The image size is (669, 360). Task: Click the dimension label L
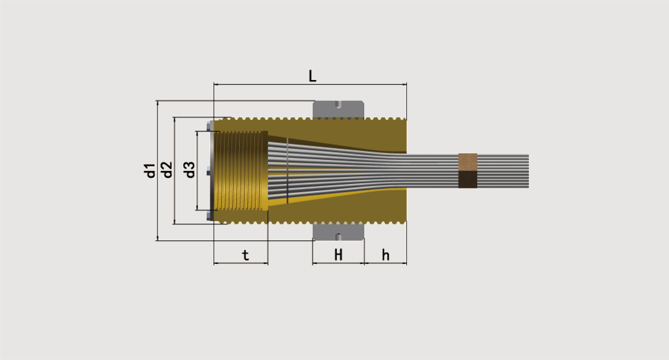pyautogui.click(x=312, y=76)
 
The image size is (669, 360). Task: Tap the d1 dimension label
pyautogui.click(x=150, y=170)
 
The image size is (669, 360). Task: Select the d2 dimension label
pyautogui.click(x=167, y=170)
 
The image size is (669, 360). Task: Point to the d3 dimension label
pyautogui.click(x=190, y=170)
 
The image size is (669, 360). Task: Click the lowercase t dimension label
pyautogui.click(x=245, y=255)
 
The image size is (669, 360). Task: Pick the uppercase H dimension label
pyautogui.click(x=338, y=255)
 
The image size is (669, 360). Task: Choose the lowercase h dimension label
pyautogui.click(x=385, y=255)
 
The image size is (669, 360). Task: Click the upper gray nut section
pyautogui.click(x=338, y=110)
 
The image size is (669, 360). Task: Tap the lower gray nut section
pyautogui.click(x=338, y=232)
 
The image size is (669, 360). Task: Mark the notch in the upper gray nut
pyautogui.click(x=338, y=104)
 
